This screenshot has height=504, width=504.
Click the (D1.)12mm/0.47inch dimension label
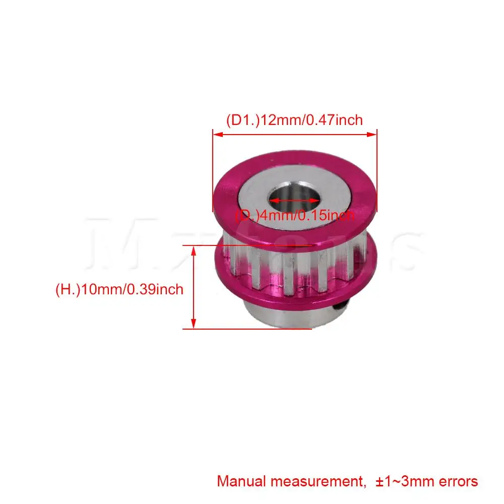pos(294,120)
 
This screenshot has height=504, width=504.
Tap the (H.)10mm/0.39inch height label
pos(119,290)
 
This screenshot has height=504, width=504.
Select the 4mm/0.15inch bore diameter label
pos(295,216)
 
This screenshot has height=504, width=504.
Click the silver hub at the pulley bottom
pos(282,318)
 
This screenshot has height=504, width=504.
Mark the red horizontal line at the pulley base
pos(252,329)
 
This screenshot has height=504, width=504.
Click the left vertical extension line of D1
pos(213,171)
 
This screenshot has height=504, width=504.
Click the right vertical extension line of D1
pos(377,171)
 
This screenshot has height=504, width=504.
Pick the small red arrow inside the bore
pos(295,200)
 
